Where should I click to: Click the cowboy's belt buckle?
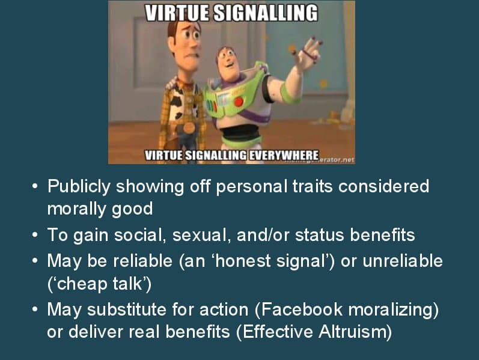[x=188, y=127]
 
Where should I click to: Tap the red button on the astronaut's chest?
[x=239, y=102]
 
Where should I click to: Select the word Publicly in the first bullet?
[x=78, y=186]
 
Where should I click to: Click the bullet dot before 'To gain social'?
[x=35, y=235]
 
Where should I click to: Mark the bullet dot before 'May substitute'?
[x=35, y=310]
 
